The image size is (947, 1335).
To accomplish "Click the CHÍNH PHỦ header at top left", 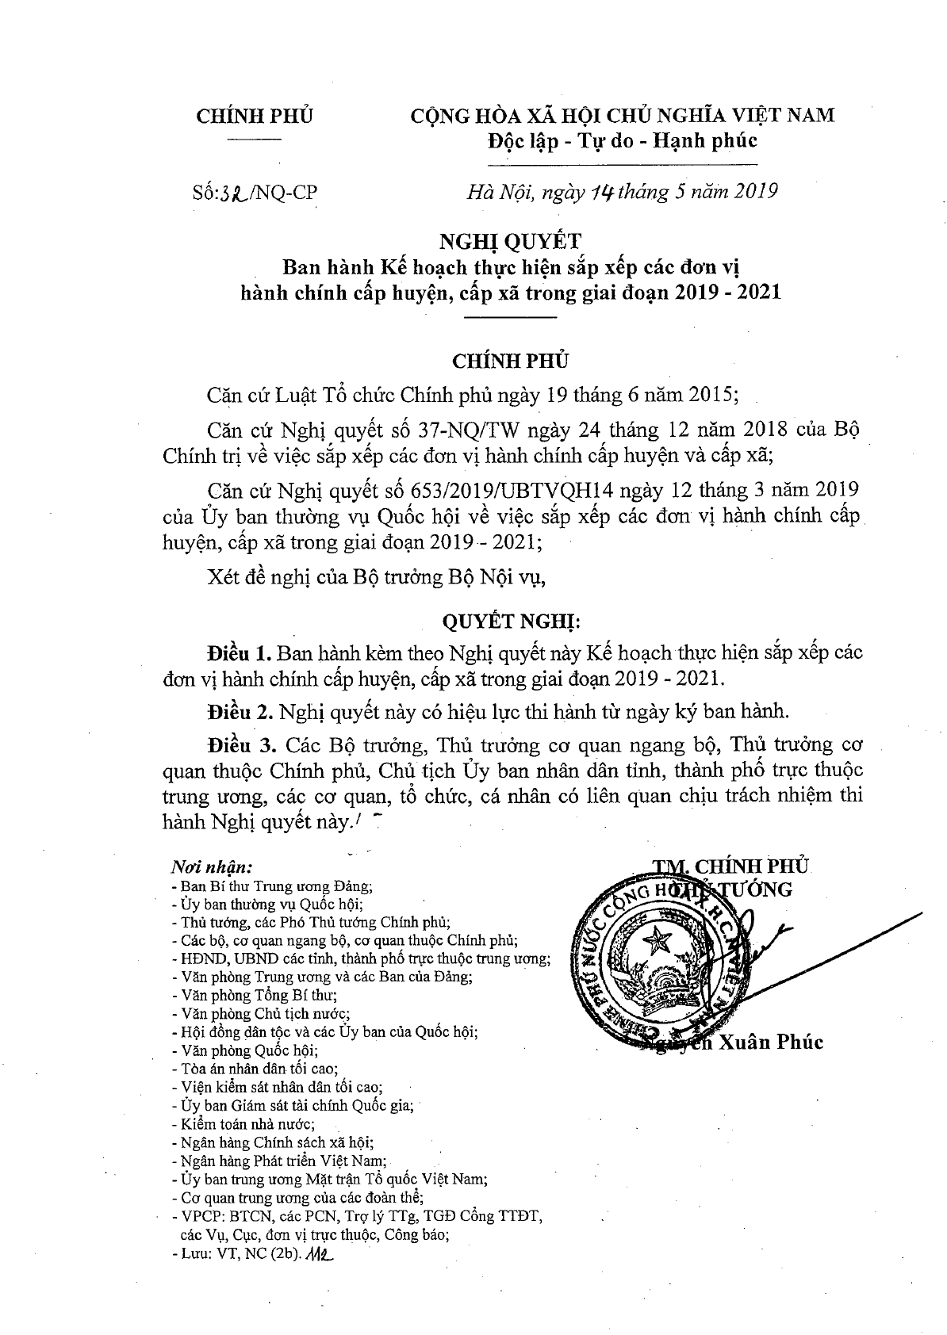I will pyautogui.click(x=255, y=116).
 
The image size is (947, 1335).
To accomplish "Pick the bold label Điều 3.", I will pyautogui.click(x=240, y=746).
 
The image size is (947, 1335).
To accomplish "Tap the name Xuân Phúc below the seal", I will pyautogui.click(x=770, y=1042).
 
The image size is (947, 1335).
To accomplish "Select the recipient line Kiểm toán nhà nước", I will pyautogui.click(x=248, y=1124).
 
